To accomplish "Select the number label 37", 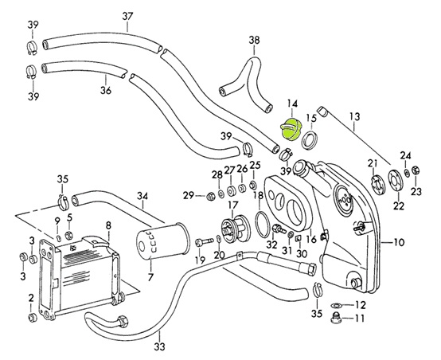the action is pos(127,17).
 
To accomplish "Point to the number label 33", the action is pos(159,346).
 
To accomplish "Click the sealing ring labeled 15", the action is pos(310,139).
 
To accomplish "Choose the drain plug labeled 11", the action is pos(336,318).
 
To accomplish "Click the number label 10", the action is pos(399,242).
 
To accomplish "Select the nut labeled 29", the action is pos(211,196).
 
